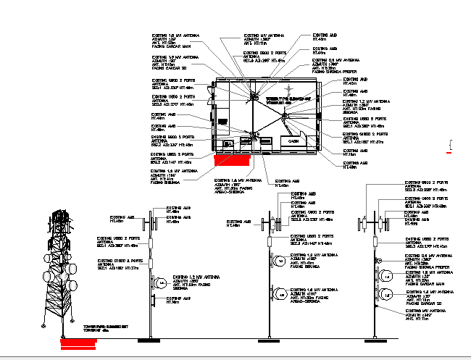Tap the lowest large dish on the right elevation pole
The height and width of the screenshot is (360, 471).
pyautogui.click(x=388, y=295)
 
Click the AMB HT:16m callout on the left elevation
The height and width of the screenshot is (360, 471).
pyautogui.click(x=177, y=299)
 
